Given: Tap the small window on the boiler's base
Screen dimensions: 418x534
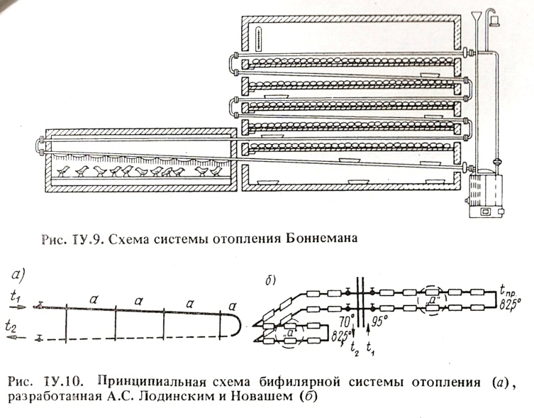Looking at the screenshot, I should pyautogui.click(x=486, y=211).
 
